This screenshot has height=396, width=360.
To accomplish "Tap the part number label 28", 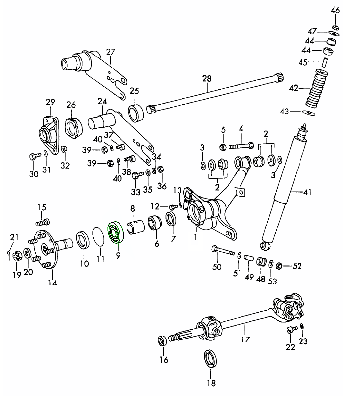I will [x=206, y=79].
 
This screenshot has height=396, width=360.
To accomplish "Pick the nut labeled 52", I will [x=279, y=266].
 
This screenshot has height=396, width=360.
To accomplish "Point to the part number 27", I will [x=110, y=51].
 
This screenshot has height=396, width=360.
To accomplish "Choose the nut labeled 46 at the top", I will [x=335, y=26].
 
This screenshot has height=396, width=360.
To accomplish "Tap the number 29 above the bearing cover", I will [x=50, y=102].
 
